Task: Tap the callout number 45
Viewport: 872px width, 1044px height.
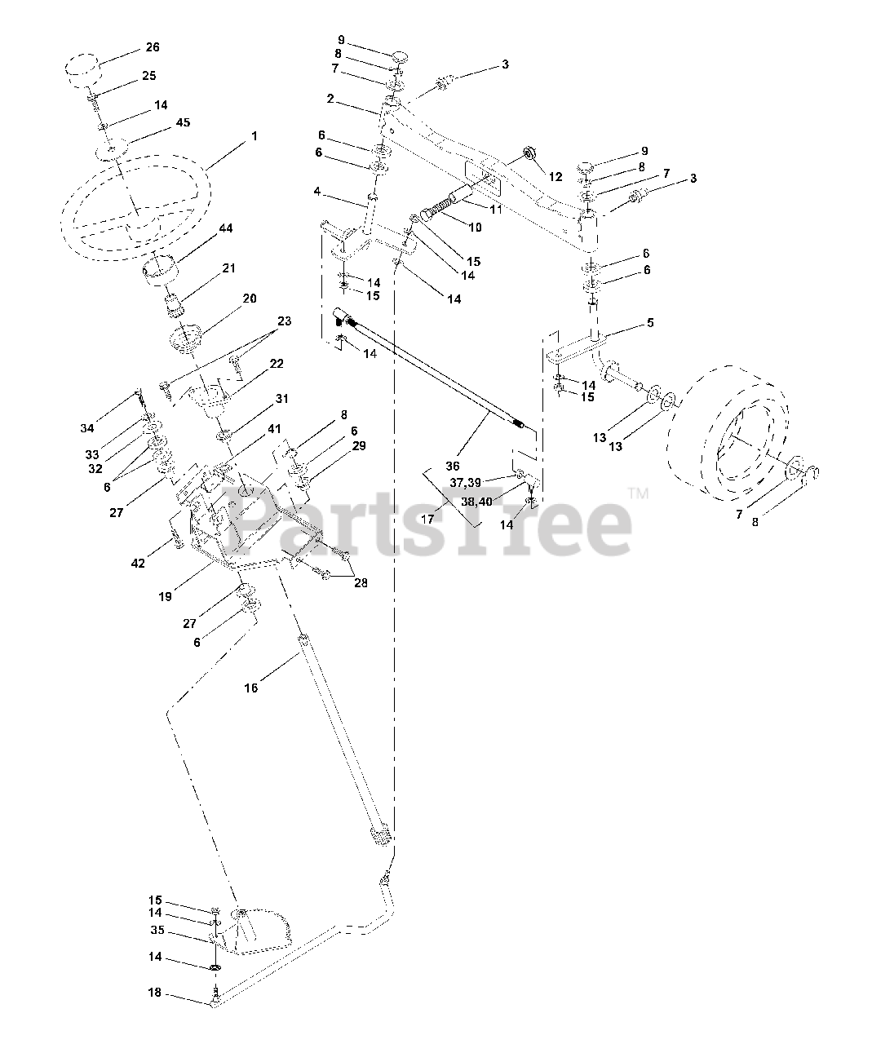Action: pos(183,123)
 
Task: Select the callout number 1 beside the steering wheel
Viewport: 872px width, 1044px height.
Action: pos(254,136)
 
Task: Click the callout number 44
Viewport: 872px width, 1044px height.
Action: pos(225,229)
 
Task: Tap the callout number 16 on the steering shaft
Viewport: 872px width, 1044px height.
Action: pos(250,688)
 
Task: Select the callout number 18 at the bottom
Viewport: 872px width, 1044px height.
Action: pos(155,993)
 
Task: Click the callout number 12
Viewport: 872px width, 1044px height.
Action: pos(556,176)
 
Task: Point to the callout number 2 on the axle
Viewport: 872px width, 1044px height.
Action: pos(330,99)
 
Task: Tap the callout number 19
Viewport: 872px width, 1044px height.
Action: pos(166,596)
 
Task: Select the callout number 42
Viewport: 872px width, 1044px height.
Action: pos(139,563)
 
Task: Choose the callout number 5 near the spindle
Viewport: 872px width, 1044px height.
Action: pos(650,322)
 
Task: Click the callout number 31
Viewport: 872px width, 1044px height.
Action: pos(282,399)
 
